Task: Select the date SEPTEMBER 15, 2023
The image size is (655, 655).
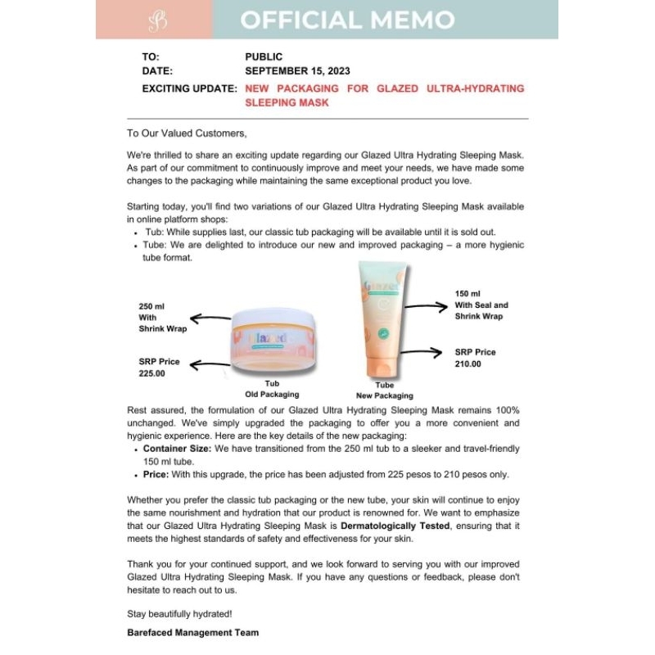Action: (x=292, y=70)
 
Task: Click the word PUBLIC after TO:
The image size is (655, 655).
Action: (x=264, y=56)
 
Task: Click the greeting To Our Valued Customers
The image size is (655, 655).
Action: (x=187, y=133)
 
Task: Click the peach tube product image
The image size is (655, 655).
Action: (x=383, y=324)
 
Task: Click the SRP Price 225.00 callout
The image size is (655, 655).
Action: (x=159, y=366)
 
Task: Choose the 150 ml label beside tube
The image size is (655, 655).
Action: (x=468, y=293)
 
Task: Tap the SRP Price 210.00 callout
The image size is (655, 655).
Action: (x=475, y=357)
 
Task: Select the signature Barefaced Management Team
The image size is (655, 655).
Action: (x=193, y=632)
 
